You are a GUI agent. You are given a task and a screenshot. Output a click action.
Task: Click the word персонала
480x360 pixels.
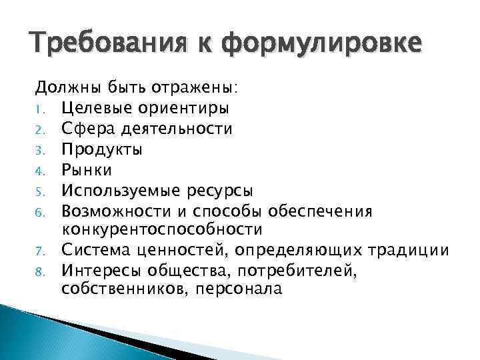click(237, 291)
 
